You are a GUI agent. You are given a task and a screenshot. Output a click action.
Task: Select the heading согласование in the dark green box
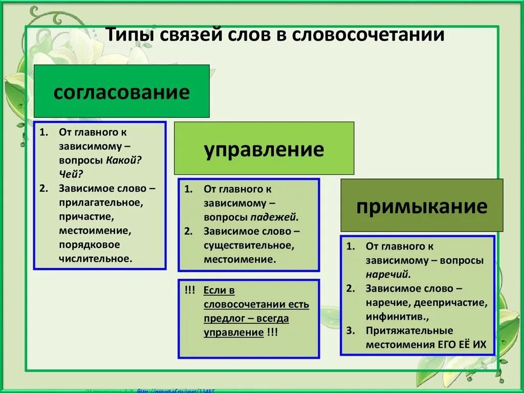tap(121, 92)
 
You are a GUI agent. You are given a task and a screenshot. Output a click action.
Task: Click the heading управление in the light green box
tap(264, 150)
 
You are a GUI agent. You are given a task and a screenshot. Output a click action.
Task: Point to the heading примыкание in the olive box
tap(422, 206)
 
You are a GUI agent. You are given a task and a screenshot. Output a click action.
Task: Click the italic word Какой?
tap(124, 160)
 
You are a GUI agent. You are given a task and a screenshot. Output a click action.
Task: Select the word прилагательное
tap(101, 202)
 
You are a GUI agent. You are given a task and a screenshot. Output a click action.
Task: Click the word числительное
tap(95, 258)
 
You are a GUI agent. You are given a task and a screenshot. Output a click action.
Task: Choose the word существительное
tap(249, 245)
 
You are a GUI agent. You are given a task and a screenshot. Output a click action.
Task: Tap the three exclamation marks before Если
tap(190, 291)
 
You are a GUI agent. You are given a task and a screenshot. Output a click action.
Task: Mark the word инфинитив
tap(389, 316)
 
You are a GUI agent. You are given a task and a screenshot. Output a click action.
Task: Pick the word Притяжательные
tap(409, 330)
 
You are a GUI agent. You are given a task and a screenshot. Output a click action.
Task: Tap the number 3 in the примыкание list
tap(350, 330)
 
